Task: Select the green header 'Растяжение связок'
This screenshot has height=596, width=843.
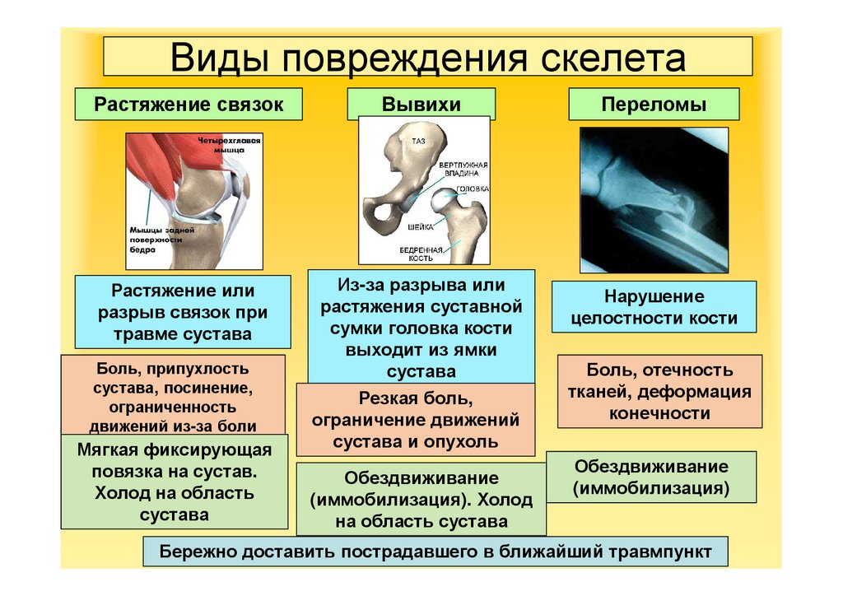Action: coord(189,105)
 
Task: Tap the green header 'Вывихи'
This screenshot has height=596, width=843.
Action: coord(421,105)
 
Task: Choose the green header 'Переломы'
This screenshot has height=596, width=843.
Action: coord(654,105)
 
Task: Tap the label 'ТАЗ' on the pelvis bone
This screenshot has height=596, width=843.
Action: coord(418,142)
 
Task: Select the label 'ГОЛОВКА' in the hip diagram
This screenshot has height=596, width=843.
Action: coord(473,189)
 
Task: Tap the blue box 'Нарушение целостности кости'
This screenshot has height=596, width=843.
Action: coord(654,306)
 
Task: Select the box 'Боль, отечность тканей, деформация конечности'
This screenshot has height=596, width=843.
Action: coord(659,391)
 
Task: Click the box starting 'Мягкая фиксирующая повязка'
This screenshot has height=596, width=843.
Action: coord(174,482)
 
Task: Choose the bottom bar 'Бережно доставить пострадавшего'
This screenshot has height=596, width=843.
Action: coord(435,551)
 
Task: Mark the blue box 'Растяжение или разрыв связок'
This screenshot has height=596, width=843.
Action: coord(183,313)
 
